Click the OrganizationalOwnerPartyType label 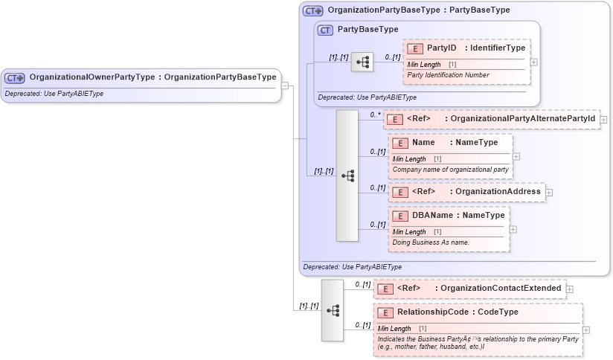pyautogui.click(x=92, y=77)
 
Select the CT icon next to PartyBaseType pyautogui.click(x=324, y=30)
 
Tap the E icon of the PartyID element pyautogui.click(x=415, y=48)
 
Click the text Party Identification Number pyautogui.click(x=448, y=75)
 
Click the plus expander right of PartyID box pyautogui.click(x=533, y=62)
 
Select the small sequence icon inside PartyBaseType pyautogui.click(x=363, y=62)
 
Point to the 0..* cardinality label pyautogui.click(x=376, y=115)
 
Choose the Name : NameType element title pyautogui.click(x=455, y=143)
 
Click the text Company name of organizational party pyautogui.click(x=450, y=170)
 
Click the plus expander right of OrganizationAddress pyautogui.click(x=549, y=192)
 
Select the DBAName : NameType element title pyautogui.click(x=458, y=215)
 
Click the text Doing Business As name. pyautogui.click(x=430, y=242)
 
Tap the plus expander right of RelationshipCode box pyautogui.click(x=586, y=330)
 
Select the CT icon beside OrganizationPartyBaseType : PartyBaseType pyautogui.click(x=312, y=11)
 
